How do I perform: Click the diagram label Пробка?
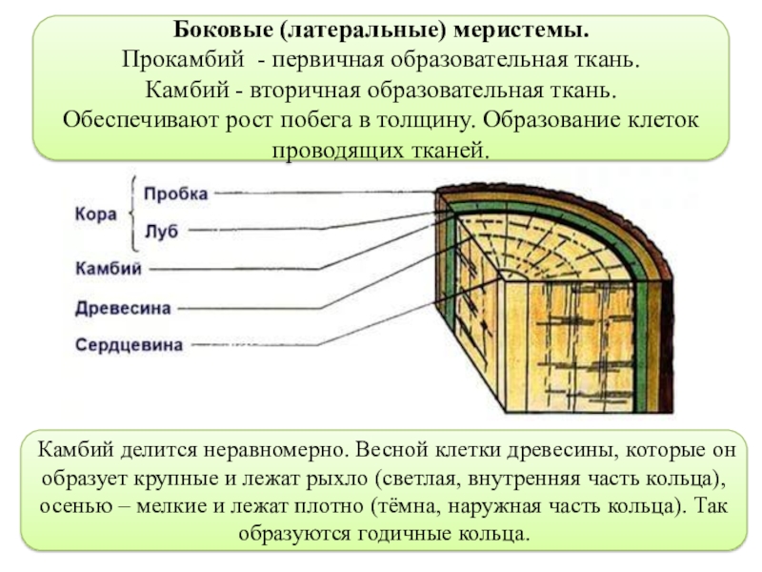point(176,194)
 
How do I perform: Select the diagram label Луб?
point(161,232)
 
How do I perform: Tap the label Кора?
point(96,214)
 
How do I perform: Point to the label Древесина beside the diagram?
point(123,308)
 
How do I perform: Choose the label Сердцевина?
point(129,345)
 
